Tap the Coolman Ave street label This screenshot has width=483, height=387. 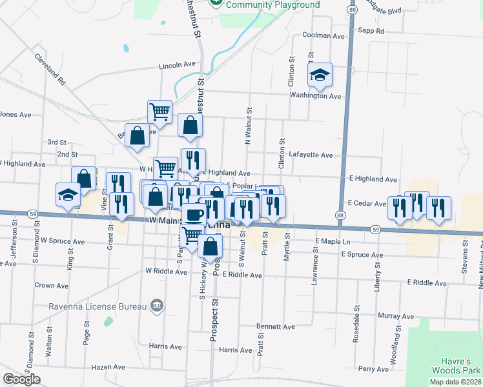click(x=324, y=36)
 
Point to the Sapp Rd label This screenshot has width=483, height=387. click(x=371, y=30)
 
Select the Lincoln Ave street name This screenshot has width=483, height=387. click(x=178, y=66)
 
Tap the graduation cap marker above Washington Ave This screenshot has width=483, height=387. click(x=320, y=75)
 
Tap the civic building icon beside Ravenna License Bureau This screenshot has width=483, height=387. click(x=156, y=305)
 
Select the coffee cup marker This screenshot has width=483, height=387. click(x=194, y=214)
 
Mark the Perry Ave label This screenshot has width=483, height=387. click(x=373, y=369)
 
